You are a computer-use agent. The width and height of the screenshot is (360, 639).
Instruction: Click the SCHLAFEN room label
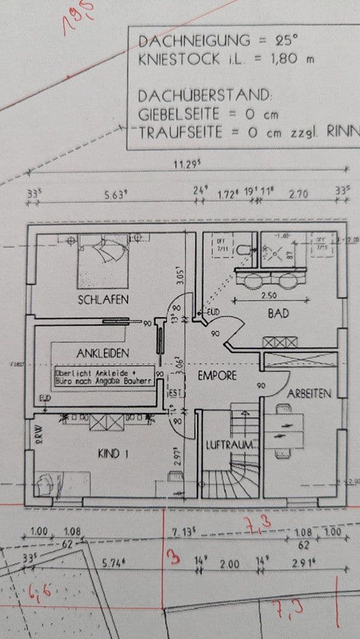coord(103,300)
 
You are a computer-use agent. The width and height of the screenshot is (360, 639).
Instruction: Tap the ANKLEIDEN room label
coord(103,353)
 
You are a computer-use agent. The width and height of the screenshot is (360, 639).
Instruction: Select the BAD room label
coord(278,314)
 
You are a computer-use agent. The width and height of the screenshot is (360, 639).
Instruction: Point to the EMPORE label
coord(217,375)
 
